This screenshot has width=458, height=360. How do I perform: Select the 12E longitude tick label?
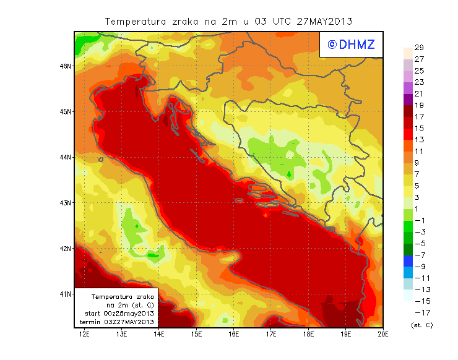84,334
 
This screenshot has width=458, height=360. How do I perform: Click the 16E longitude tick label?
234,334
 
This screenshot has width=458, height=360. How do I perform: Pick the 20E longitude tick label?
383,334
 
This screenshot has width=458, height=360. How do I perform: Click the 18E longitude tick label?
308,334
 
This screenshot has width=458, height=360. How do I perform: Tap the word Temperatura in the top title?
136,21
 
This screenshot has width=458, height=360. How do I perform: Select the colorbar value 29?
419,48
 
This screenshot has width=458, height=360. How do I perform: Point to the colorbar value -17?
418,312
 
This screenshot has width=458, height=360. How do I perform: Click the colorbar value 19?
419,105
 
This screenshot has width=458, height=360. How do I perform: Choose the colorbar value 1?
418,208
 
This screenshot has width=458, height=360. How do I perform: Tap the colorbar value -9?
418,266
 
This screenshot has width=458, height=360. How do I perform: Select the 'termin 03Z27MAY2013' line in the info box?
118,322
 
